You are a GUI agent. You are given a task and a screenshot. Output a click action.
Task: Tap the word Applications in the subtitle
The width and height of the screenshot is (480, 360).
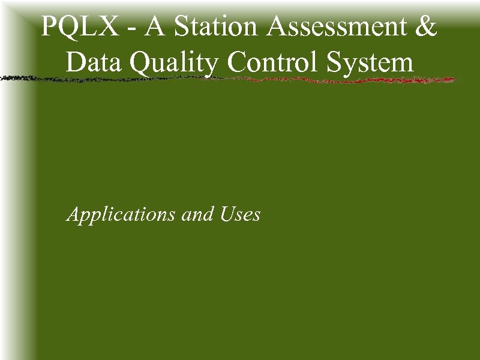tap(122, 215)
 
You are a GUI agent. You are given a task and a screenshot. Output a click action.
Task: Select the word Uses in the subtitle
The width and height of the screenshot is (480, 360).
tap(240, 214)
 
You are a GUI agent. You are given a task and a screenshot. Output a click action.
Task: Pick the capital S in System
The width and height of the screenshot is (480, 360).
tap(336, 62)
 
